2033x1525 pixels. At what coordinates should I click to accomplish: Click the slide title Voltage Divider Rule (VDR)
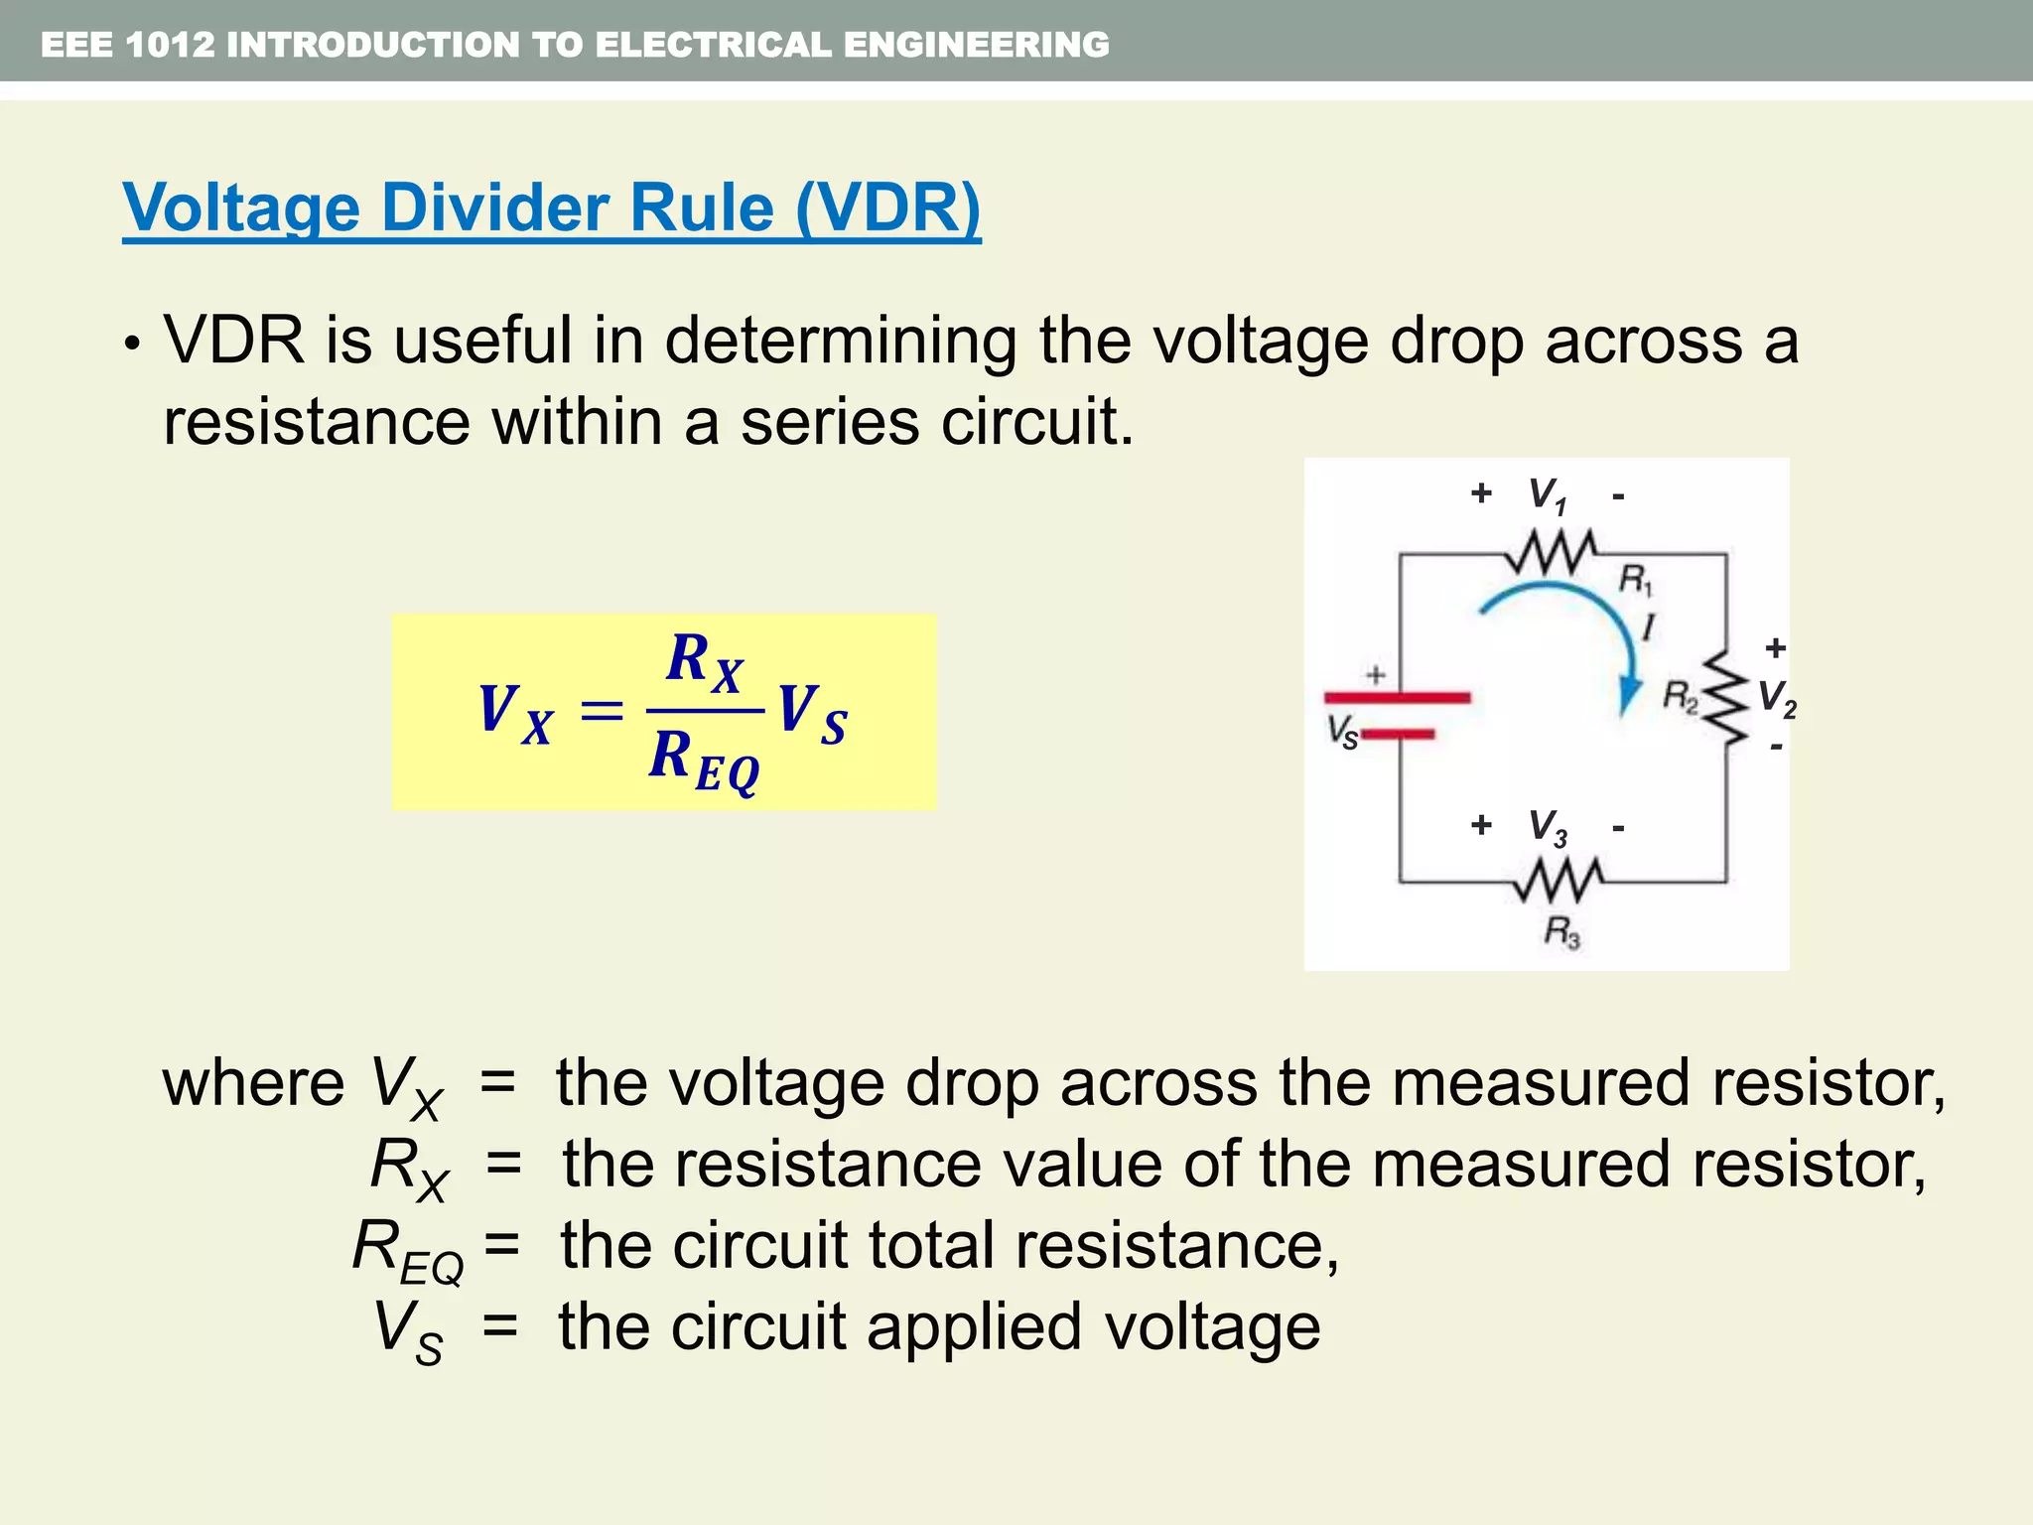point(551,208)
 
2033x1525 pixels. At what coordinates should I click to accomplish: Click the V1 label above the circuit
point(1547,494)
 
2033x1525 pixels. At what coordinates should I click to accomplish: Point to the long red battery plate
point(1398,698)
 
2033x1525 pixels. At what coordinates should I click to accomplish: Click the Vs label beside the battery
point(1342,733)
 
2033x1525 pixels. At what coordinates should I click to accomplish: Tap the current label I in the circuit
point(1649,627)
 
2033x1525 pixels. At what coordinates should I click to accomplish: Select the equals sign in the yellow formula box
point(602,712)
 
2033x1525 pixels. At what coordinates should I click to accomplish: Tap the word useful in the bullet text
point(482,341)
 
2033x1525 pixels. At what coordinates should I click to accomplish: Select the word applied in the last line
point(974,1326)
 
